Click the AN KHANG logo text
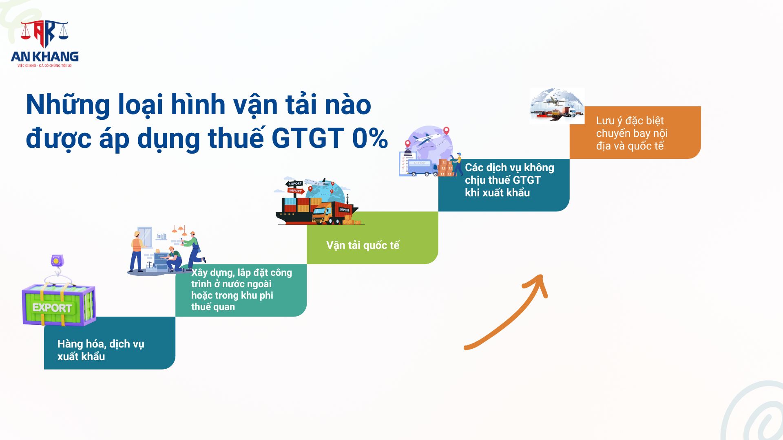[x=45, y=56]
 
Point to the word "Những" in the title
[x=68, y=105]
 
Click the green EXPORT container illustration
[x=59, y=305]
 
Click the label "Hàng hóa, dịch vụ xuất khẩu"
[x=101, y=350]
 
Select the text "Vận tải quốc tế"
[x=363, y=245]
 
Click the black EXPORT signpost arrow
[x=294, y=184]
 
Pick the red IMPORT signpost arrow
[x=296, y=191]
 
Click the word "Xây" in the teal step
[x=199, y=273]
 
